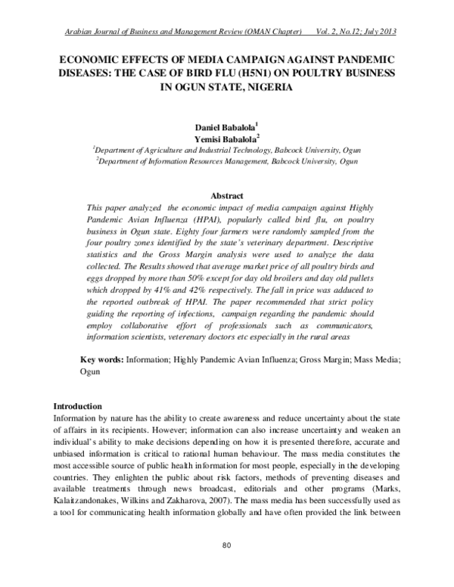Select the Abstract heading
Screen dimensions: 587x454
click(x=227, y=194)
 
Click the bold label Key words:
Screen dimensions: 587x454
click(x=102, y=362)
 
